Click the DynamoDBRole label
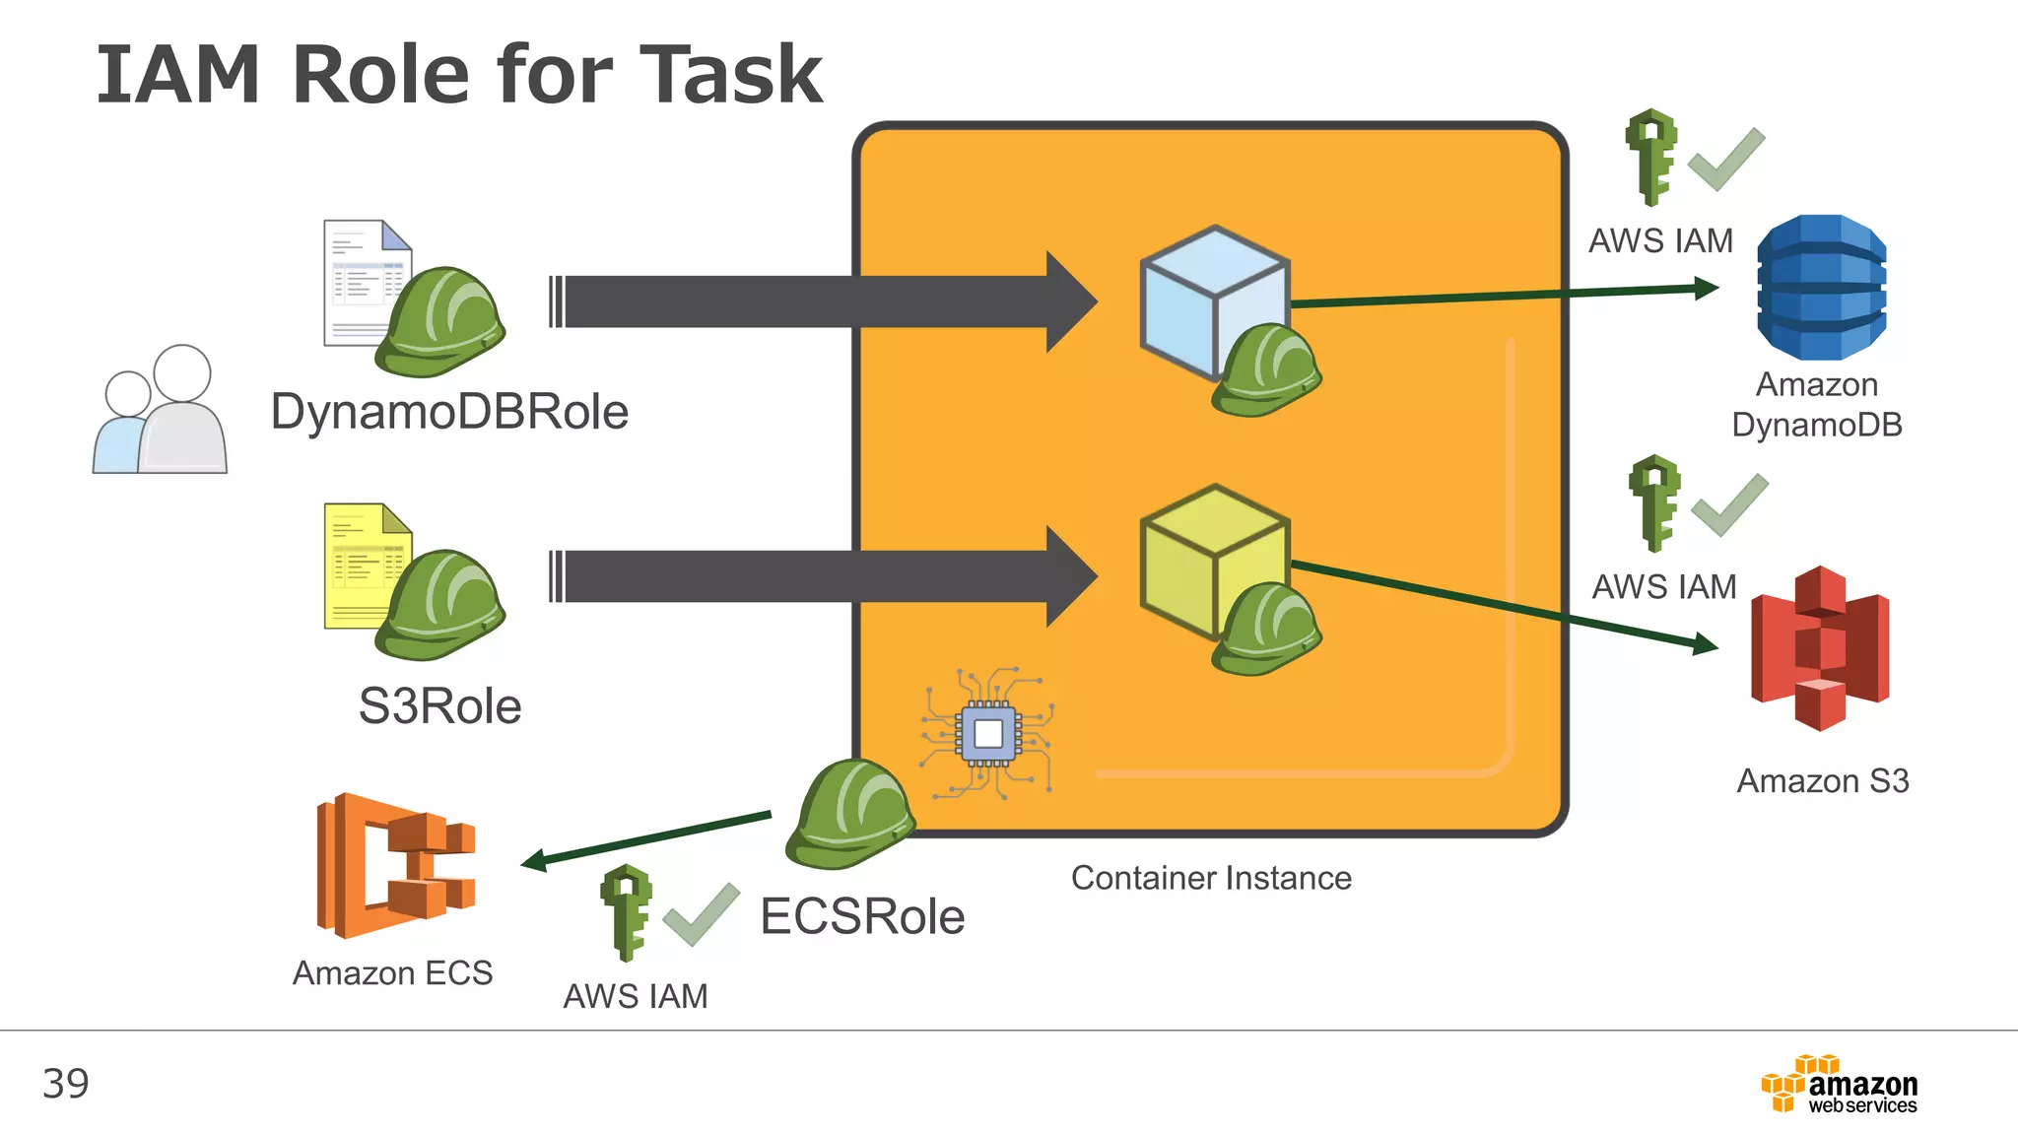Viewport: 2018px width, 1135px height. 449,412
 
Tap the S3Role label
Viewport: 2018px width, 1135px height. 439,706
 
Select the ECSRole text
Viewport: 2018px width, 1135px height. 862,916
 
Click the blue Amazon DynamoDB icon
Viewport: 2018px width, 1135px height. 1821,288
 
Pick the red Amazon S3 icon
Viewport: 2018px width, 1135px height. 1820,648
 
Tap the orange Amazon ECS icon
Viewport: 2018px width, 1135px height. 395,865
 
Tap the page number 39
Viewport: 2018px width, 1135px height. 66,1084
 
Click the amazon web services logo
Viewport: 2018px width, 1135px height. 1840,1085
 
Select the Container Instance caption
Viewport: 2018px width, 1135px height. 1211,878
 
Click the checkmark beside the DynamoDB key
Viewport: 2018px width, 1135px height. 1725,161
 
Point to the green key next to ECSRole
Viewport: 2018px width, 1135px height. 626,912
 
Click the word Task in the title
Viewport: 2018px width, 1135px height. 730,76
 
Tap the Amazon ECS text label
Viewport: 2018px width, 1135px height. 392,973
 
